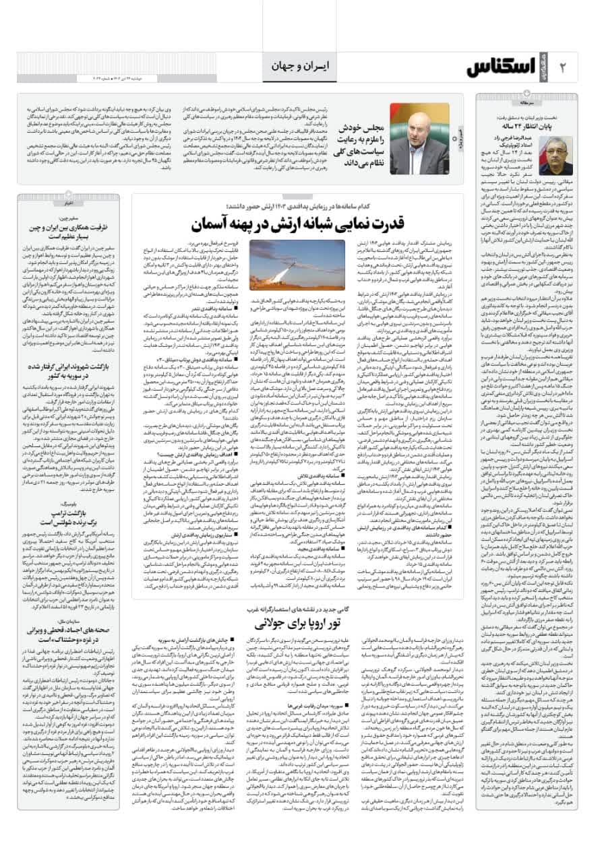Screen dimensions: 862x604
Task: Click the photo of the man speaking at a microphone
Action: [x=419, y=139]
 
